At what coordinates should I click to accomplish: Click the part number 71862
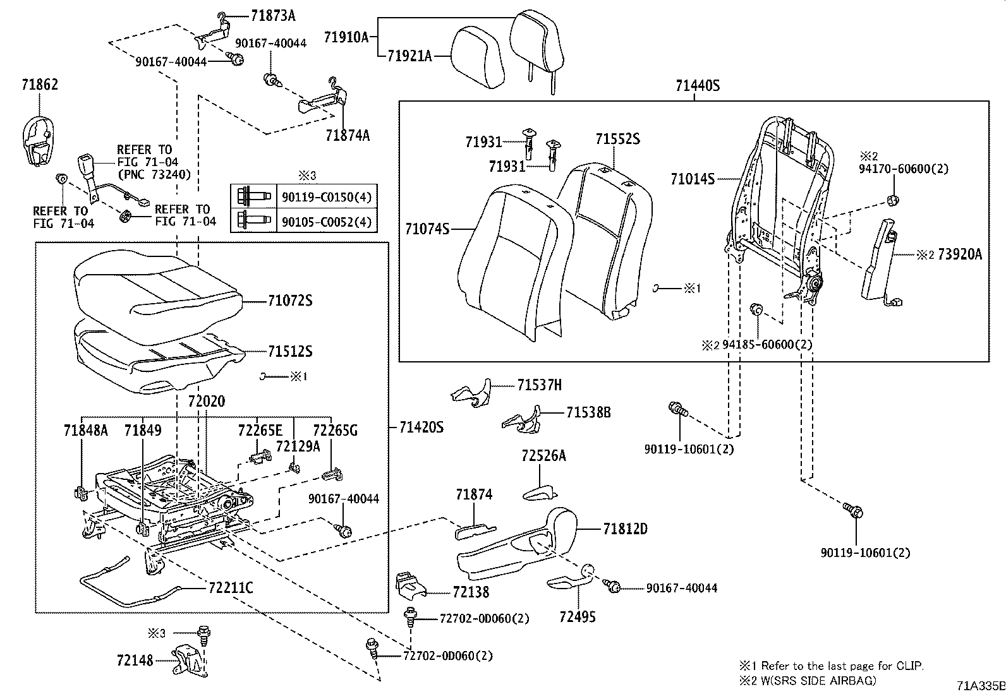(39, 85)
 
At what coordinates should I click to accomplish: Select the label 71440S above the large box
(697, 87)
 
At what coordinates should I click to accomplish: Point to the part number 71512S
(289, 352)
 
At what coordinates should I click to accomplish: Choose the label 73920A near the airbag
(960, 254)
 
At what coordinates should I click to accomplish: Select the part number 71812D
(625, 529)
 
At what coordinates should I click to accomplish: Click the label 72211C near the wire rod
(231, 589)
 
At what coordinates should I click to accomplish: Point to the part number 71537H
(539, 385)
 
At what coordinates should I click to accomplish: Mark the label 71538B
(588, 412)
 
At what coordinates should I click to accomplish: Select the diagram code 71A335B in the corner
(979, 686)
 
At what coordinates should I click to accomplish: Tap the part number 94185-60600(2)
(767, 344)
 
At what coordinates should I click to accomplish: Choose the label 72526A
(543, 456)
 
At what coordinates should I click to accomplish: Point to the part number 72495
(577, 616)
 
